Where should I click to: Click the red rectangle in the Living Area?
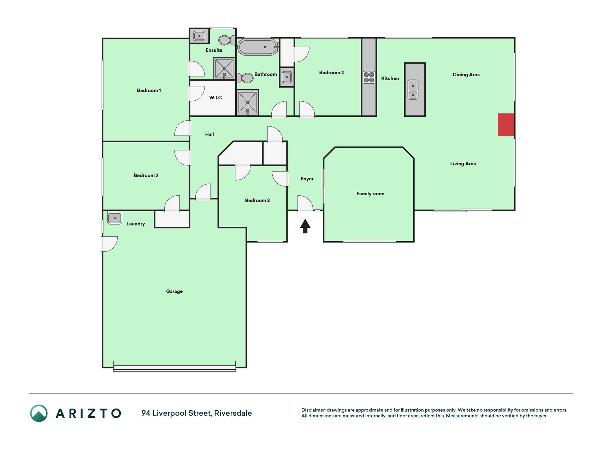(506, 125)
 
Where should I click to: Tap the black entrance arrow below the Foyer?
(305, 226)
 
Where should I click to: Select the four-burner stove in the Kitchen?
(369, 77)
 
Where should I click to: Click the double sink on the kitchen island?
(413, 90)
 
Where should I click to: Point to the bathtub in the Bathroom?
(258, 47)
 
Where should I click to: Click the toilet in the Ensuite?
(227, 40)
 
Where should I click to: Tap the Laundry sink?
(114, 218)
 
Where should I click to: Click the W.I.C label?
(215, 97)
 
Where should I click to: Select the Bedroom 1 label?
(149, 90)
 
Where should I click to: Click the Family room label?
(370, 194)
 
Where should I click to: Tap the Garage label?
(174, 291)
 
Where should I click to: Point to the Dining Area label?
(466, 75)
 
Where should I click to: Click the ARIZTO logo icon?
(39, 413)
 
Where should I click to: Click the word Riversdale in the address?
(233, 413)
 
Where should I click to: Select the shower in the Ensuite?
(224, 68)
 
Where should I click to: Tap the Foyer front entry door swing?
(305, 204)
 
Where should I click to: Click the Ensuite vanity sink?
(199, 36)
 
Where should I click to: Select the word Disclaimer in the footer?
(313, 410)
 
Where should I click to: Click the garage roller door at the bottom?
(175, 368)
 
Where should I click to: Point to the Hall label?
(209, 134)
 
